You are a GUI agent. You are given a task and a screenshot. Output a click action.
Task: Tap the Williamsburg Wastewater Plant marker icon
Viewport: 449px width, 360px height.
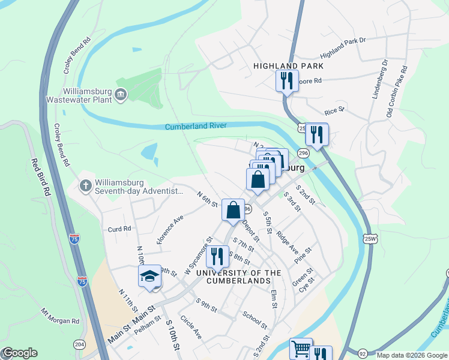coord(121,95)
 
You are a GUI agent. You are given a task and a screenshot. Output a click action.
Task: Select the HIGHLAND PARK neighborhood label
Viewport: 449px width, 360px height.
coord(288,66)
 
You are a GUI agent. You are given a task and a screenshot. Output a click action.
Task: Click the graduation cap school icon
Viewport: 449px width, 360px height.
coord(149,276)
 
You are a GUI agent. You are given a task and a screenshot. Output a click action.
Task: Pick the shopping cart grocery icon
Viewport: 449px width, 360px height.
coord(301,349)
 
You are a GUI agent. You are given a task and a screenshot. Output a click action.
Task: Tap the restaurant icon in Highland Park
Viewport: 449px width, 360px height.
coord(287,80)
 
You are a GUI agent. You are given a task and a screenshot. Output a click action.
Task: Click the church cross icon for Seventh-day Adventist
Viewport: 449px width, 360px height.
coord(86,186)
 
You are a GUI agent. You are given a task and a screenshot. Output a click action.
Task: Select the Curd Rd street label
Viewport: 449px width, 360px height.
coord(119,229)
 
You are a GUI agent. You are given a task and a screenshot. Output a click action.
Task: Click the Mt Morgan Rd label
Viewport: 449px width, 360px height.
coord(60,316)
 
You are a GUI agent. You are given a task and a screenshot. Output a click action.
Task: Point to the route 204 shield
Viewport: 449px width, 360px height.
coord(79,344)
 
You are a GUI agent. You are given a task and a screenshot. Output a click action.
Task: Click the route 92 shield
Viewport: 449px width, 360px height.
coord(363,353)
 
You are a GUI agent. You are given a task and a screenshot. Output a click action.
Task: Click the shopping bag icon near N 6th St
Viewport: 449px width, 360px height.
coord(233,210)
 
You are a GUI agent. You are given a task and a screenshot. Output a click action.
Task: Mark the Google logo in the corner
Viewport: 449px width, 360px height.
coord(20,353)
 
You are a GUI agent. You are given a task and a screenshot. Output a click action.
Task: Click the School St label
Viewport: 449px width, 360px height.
coord(255,320)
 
